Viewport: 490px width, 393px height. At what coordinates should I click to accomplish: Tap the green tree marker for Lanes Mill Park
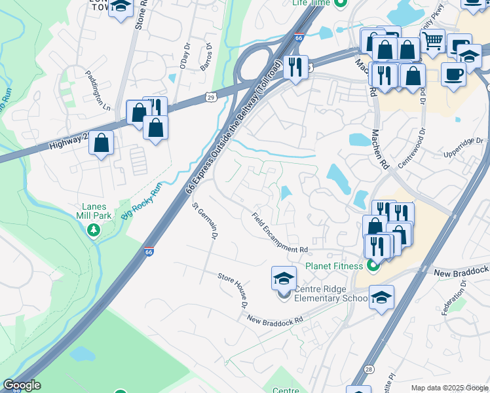click(94, 229)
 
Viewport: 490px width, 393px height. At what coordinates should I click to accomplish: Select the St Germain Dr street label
click(204, 221)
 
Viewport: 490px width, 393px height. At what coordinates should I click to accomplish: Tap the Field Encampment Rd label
click(280, 233)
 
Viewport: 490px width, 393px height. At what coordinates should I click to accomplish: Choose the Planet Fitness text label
click(334, 266)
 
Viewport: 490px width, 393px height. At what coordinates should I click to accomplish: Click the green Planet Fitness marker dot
click(373, 265)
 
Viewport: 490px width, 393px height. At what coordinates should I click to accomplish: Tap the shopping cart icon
click(432, 41)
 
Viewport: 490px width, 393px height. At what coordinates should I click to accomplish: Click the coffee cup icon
click(453, 74)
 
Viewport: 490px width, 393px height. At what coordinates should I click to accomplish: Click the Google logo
click(22, 385)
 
